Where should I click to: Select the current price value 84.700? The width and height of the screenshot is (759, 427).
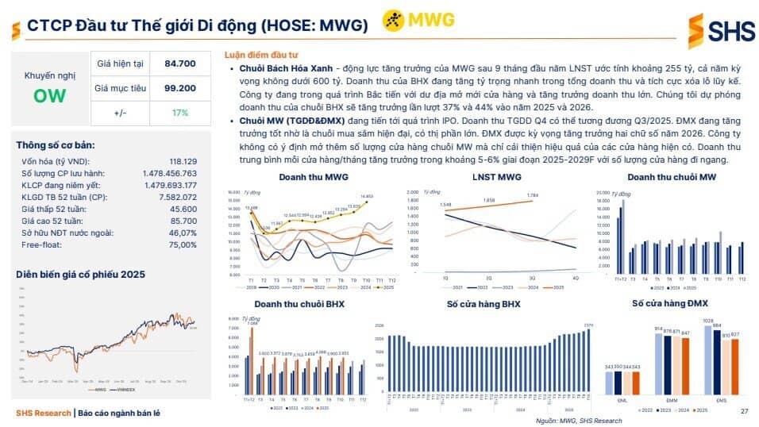180,63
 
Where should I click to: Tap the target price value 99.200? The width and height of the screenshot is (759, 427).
180,88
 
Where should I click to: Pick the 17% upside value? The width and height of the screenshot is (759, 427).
180,113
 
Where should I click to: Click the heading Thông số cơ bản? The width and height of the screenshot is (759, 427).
56,145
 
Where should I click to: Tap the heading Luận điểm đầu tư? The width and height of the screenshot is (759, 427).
260,55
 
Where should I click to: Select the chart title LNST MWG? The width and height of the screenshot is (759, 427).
496,176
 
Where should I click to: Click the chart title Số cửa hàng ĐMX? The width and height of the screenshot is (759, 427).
670,304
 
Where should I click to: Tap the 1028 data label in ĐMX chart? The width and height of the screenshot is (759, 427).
708,321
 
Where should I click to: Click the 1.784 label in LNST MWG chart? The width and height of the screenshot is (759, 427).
533,195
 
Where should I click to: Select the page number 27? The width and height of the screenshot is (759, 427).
744,411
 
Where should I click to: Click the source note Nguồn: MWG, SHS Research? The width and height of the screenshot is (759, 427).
579,421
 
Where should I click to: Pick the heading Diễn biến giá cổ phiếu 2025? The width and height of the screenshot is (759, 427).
81,275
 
